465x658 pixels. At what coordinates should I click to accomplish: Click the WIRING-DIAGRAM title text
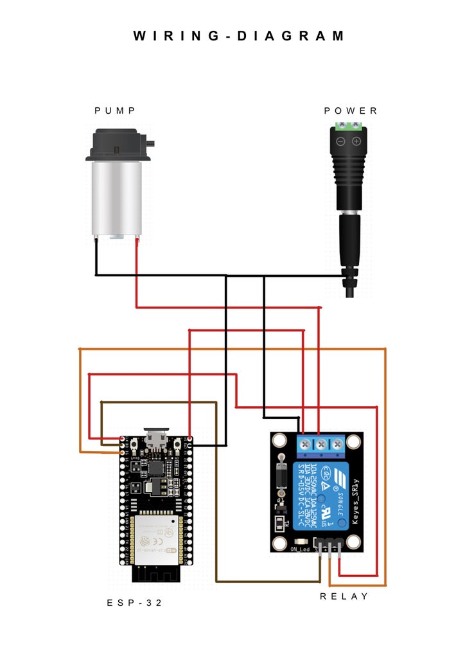[239, 36]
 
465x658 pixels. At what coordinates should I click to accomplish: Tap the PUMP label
[115, 111]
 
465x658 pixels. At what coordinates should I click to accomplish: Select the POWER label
[351, 111]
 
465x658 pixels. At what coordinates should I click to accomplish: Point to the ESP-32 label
[134, 603]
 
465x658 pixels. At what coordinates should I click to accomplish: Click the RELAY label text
[344, 596]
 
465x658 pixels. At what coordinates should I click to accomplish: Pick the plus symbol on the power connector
[356, 141]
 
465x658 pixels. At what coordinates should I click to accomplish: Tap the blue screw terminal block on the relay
[320, 443]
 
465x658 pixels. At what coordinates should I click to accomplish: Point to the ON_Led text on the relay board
[300, 549]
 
